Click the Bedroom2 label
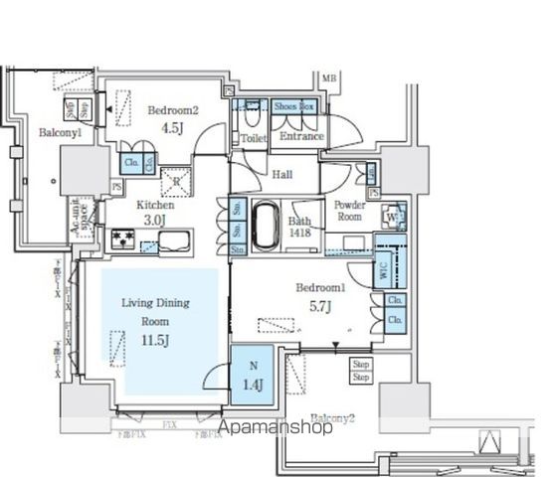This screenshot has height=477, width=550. click(x=172, y=111)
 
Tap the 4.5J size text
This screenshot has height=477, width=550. click(x=172, y=127)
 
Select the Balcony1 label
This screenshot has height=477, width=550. click(x=59, y=133)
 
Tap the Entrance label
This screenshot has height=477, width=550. click(x=298, y=137)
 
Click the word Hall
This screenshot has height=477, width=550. click(x=281, y=175)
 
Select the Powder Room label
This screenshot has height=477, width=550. click(x=349, y=210)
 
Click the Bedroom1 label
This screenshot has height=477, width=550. click(x=319, y=287)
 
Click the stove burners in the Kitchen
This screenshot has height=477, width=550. click(x=121, y=238)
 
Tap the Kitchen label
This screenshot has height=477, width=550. click(x=155, y=205)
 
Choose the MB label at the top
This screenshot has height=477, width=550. click(x=329, y=77)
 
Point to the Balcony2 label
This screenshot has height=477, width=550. click(x=333, y=418)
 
